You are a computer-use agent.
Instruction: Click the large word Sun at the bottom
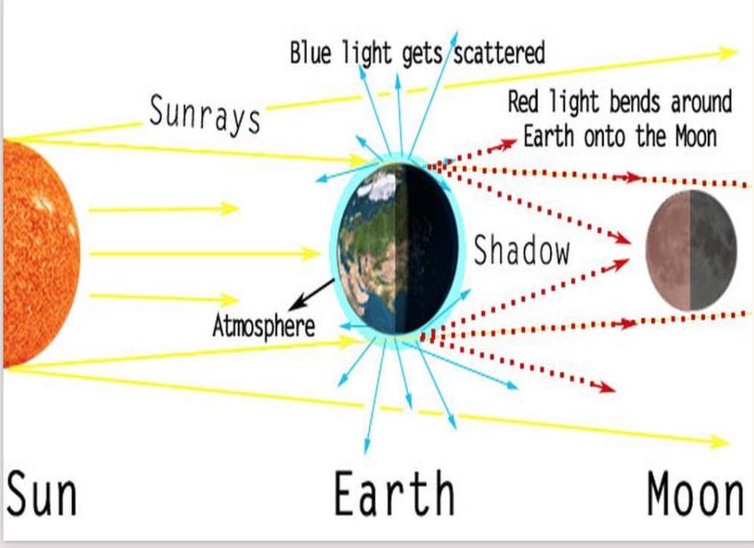[42, 493]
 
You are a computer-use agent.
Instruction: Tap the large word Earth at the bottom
[394, 493]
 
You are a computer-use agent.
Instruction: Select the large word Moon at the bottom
[695, 494]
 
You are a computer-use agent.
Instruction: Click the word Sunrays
[205, 115]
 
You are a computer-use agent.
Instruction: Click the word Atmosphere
[263, 326]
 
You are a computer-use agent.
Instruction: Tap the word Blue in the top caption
[310, 52]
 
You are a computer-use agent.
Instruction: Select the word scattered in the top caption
[499, 52]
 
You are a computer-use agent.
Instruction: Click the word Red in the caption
[524, 102]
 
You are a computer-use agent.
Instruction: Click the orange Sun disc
[41, 253]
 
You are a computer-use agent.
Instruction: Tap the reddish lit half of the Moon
[667, 250]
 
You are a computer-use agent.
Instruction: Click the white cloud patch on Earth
[382, 186]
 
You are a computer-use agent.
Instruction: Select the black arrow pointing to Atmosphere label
[311, 295]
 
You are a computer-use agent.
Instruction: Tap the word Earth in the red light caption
[549, 136]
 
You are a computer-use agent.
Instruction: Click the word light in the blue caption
[367, 53]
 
